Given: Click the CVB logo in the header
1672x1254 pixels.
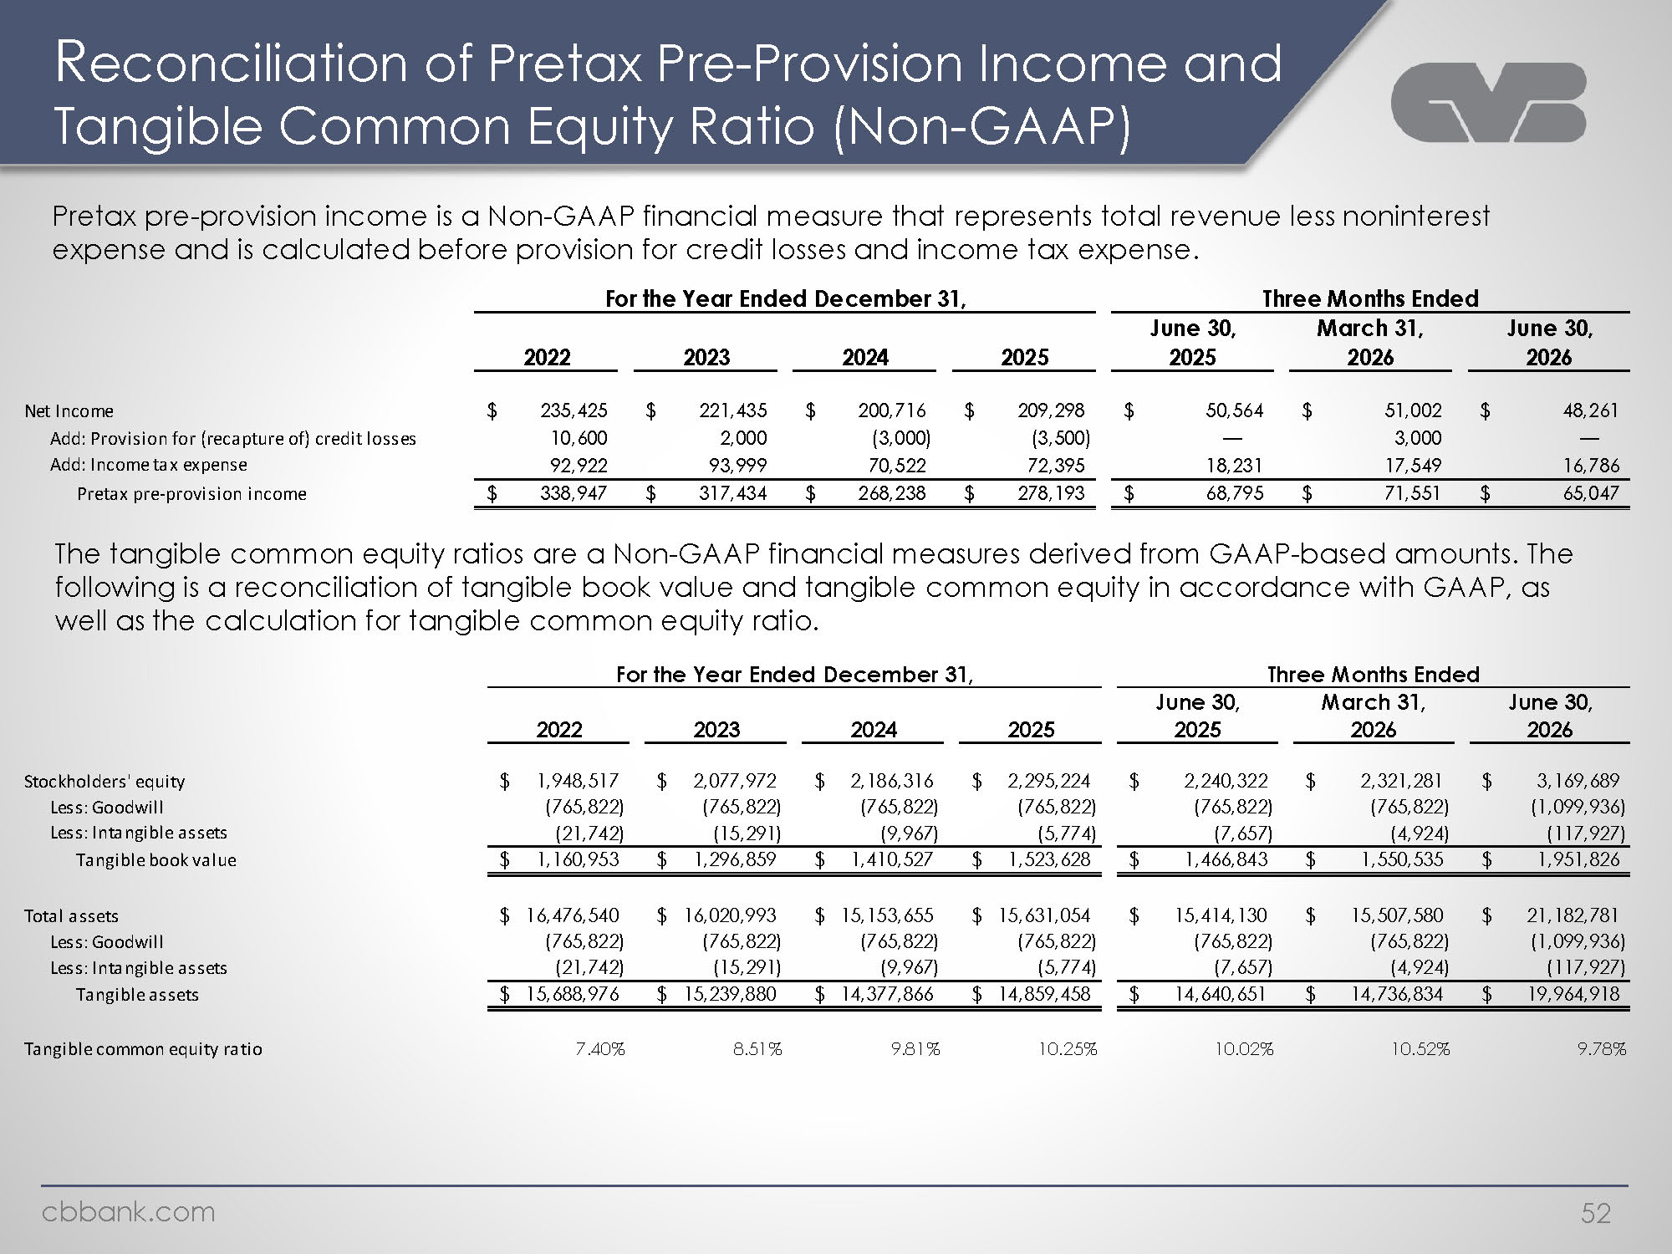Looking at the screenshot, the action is [1488, 101].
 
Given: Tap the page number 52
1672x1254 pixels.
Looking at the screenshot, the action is [1595, 1212].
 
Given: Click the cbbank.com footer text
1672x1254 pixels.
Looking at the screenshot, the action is [129, 1211].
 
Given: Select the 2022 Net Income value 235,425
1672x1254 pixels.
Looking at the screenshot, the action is [573, 410].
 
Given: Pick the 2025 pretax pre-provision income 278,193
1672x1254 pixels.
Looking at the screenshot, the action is [1051, 493].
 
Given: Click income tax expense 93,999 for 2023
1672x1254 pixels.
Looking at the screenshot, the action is [733, 465].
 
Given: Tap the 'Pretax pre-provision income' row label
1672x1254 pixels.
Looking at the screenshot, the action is [191, 494].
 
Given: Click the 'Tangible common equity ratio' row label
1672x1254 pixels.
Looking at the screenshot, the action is [143, 1049].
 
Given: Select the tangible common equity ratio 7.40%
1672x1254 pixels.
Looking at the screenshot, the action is [600, 1049].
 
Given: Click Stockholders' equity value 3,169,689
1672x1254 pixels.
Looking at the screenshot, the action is [1578, 781].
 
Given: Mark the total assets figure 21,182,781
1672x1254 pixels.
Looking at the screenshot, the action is [1573, 915].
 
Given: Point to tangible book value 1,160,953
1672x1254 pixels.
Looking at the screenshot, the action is [578, 859].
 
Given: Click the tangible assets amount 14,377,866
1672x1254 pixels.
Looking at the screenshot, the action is [887, 994].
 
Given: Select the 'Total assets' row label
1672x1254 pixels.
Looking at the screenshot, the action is [71, 916].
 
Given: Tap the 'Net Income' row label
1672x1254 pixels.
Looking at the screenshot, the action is [69, 411].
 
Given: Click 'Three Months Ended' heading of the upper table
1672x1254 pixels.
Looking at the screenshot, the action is [1370, 298].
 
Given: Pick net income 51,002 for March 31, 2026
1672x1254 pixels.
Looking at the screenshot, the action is [1413, 410].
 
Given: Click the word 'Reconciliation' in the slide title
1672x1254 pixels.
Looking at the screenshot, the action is [229, 64].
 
